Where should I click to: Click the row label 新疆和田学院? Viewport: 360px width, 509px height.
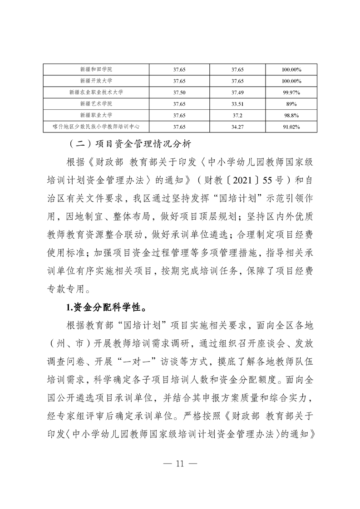click(x=96, y=70)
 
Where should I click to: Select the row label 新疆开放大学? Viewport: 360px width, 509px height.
click(x=96, y=81)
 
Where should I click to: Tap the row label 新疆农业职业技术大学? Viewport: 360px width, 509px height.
click(x=96, y=93)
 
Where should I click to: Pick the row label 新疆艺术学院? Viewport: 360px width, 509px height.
click(x=96, y=104)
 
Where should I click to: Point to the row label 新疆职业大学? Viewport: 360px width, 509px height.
click(x=96, y=115)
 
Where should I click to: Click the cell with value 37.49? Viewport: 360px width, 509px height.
click(x=237, y=93)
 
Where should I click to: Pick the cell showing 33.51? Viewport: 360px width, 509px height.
click(x=237, y=104)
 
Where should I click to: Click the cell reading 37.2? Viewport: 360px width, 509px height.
click(x=237, y=115)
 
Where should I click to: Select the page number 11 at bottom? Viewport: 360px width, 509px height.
click(x=180, y=464)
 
